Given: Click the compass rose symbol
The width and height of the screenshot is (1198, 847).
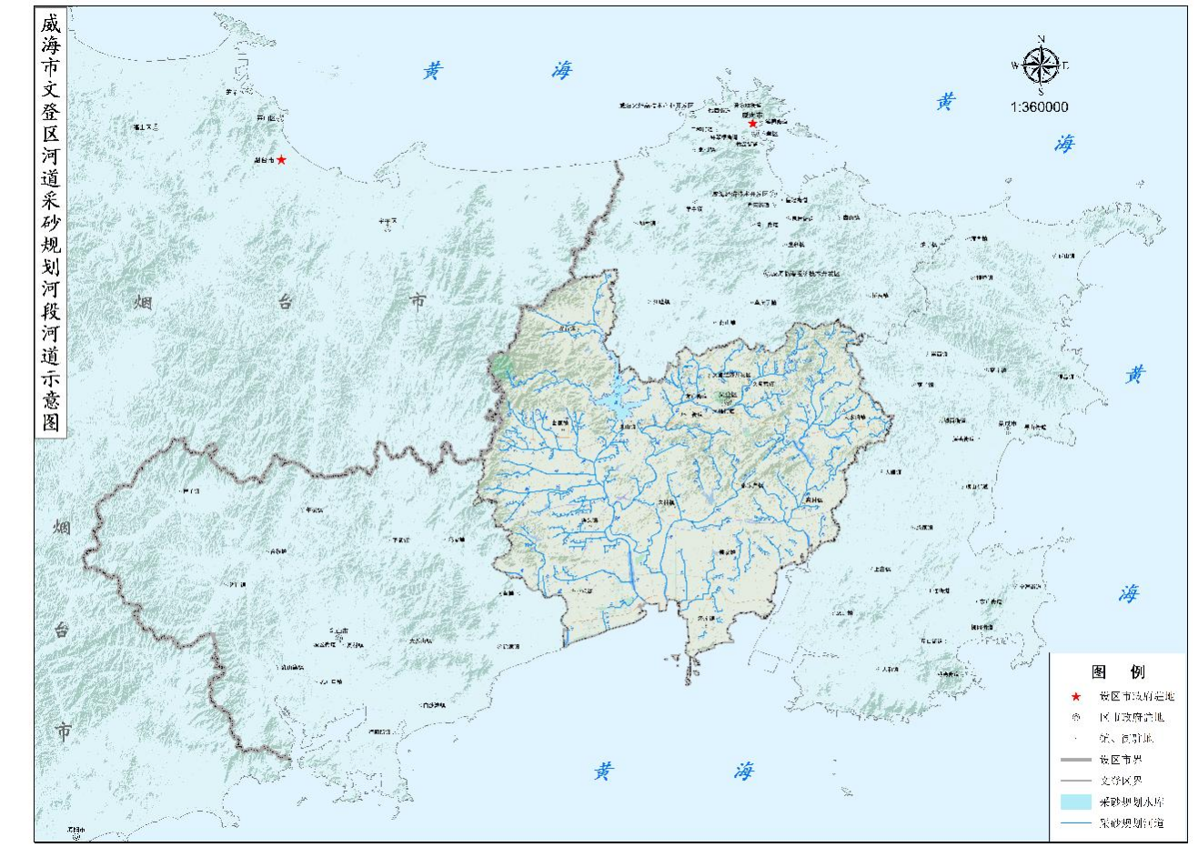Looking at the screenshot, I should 1041,66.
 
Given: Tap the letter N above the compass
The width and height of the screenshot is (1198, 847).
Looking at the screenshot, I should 1042,38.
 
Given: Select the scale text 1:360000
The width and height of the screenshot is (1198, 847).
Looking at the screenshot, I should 1039,106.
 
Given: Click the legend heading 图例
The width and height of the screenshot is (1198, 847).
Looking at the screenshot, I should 1118,672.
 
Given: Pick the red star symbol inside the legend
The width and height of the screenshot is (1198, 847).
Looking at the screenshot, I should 1076,697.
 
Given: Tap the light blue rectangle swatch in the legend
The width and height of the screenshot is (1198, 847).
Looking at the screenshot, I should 1075,802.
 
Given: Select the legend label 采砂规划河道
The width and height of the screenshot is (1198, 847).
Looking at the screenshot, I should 1131,823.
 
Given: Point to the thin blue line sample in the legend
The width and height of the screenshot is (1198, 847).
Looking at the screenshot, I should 1075,823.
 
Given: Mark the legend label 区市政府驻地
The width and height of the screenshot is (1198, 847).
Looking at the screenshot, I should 1131,717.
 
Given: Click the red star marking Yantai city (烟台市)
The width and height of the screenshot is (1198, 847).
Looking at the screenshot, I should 282,160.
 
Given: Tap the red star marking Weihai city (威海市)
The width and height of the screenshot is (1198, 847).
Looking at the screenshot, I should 752,124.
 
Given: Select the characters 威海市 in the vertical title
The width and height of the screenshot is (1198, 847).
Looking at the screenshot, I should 50,45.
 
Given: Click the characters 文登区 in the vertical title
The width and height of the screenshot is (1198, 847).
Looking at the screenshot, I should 50,111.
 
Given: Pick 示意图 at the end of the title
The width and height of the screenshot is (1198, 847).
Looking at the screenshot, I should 50,399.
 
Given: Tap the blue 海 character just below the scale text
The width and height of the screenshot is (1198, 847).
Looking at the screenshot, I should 1064,144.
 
